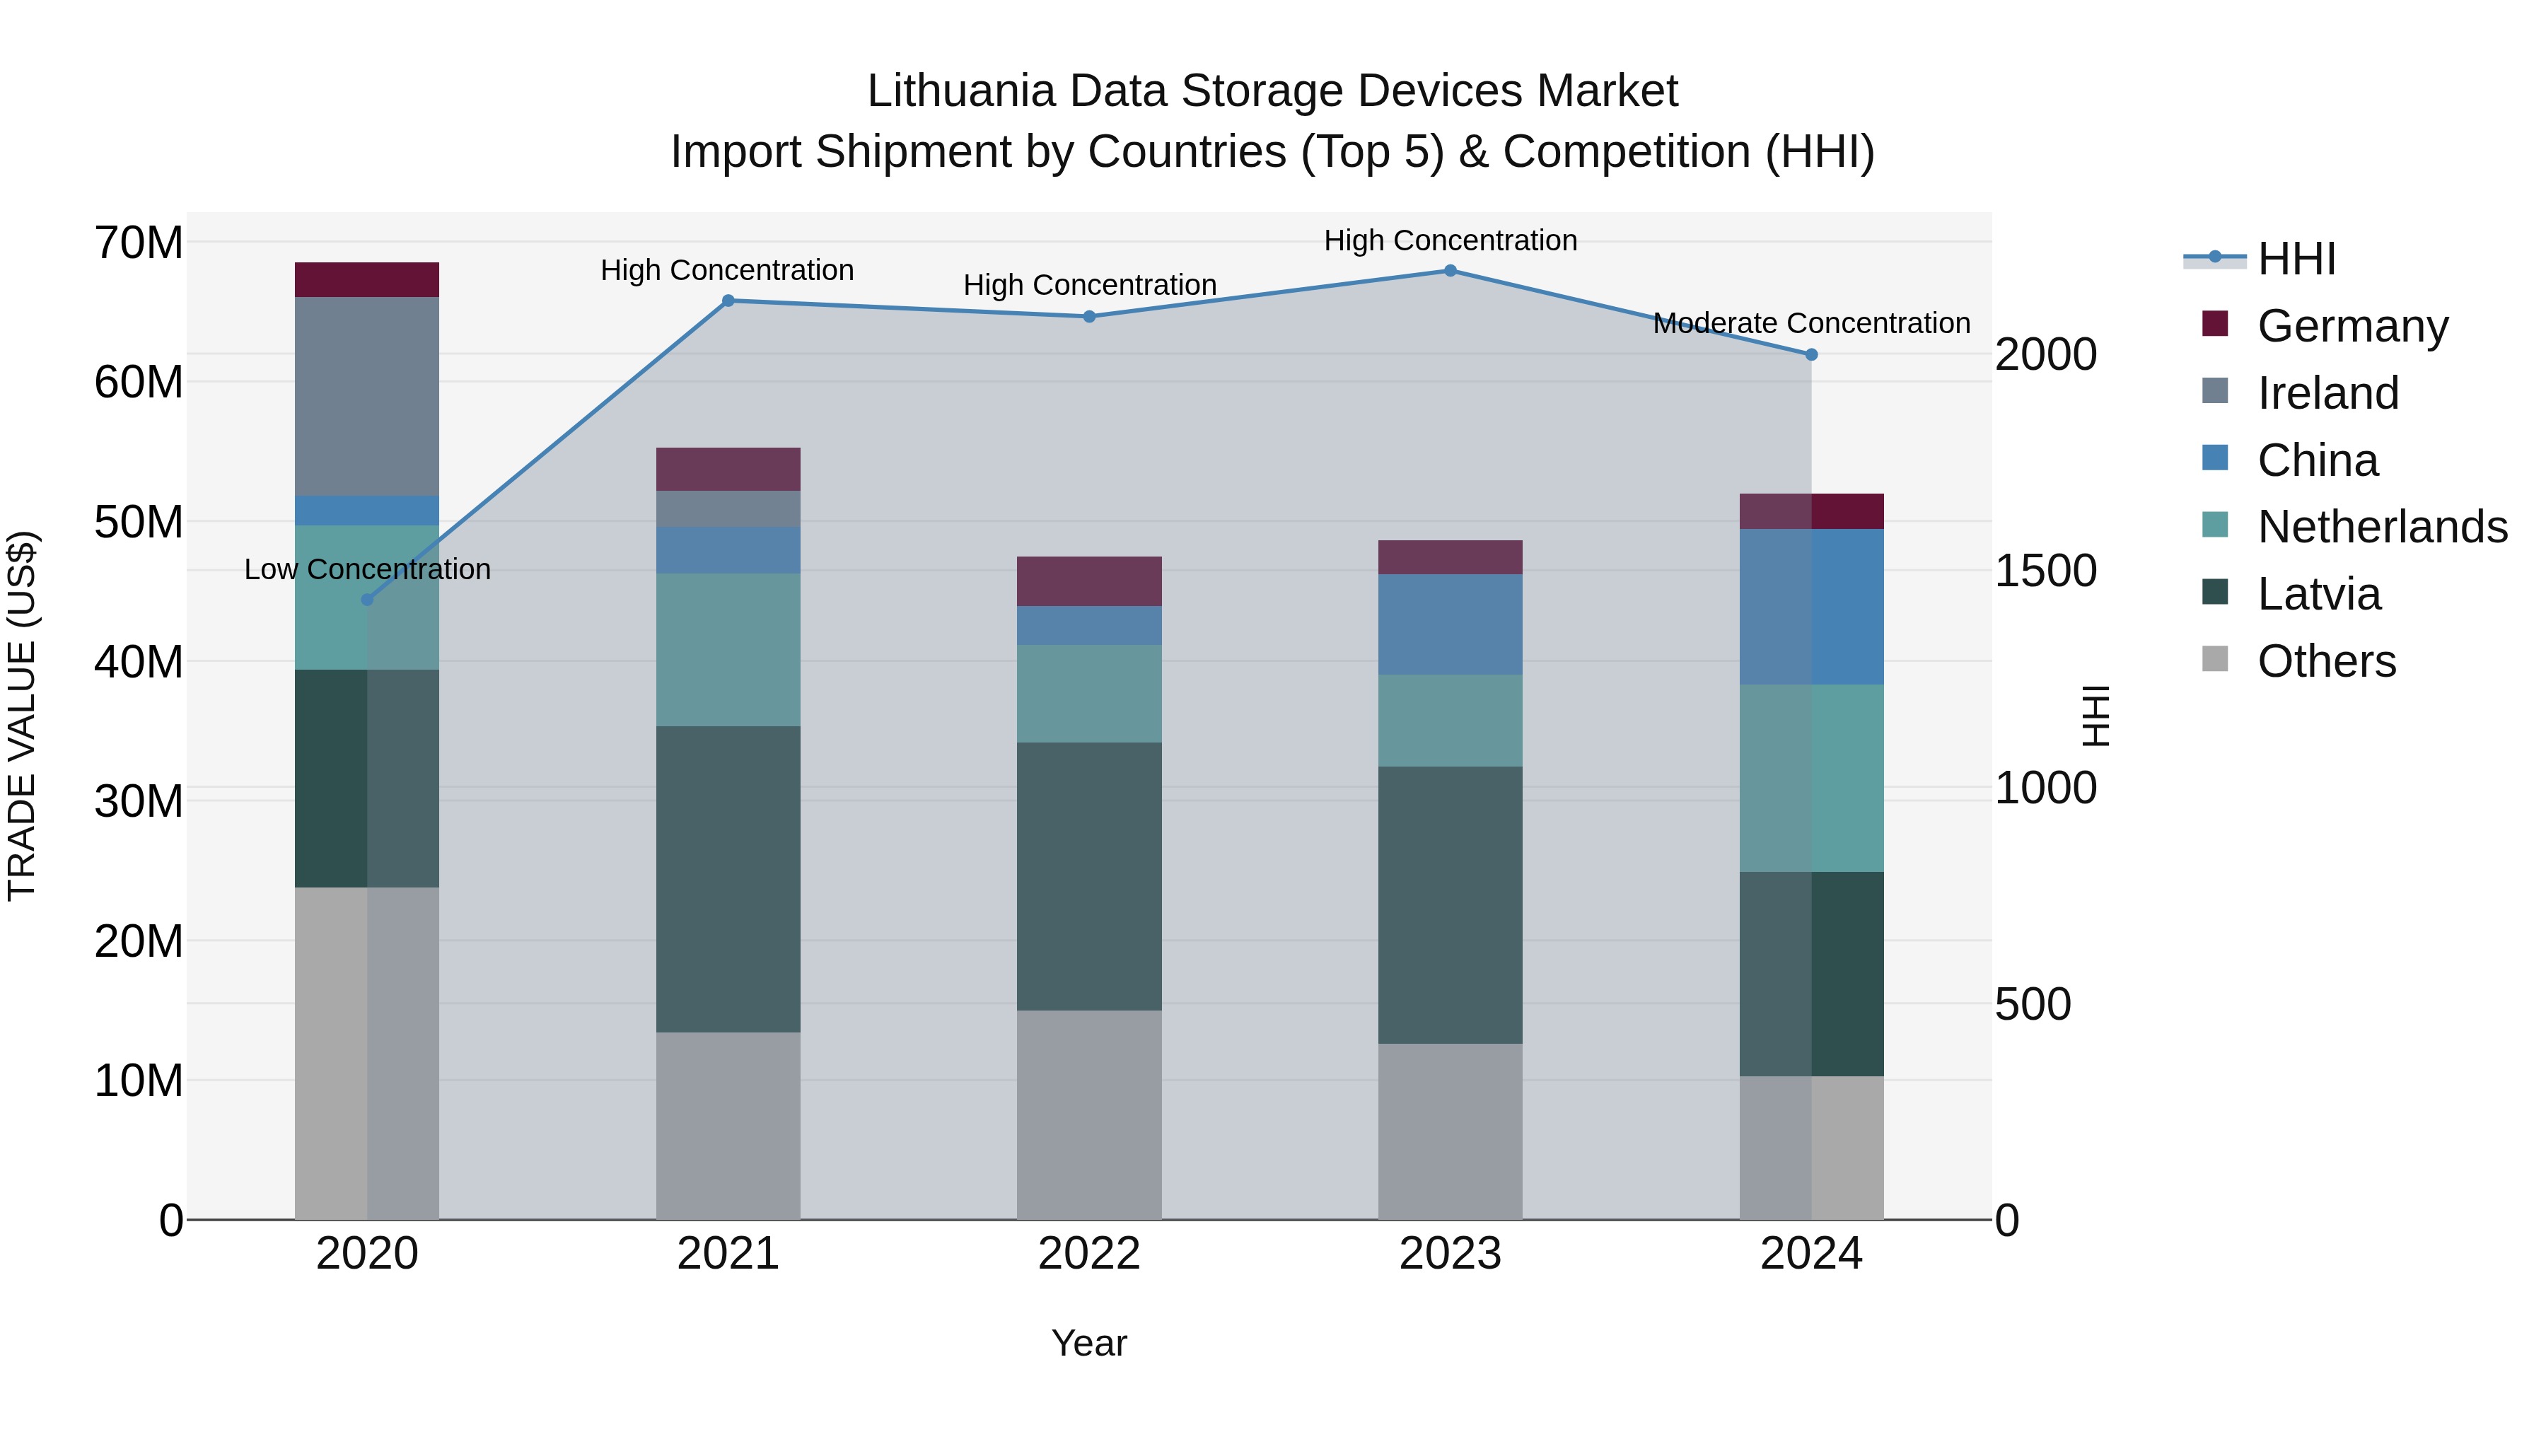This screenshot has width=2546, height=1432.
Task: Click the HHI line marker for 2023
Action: pos(1450,271)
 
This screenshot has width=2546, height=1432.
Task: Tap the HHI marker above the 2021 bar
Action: pos(728,301)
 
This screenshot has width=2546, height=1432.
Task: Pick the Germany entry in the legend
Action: pos(2352,325)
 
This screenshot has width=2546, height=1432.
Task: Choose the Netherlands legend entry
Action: pos(2382,527)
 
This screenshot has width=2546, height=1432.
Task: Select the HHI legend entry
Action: pos(2296,259)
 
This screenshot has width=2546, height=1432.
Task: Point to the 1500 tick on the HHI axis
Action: pos(2045,571)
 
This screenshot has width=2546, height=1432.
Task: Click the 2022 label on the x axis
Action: pos(1089,1254)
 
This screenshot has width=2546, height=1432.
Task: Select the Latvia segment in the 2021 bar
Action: pos(728,880)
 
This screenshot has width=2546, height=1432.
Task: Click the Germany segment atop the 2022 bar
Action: pos(1089,581)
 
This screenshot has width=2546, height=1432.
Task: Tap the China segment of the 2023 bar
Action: pos(1450,624)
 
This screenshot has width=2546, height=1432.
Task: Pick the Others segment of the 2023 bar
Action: pos(1450,1131)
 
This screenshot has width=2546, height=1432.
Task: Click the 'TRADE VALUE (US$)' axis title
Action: pos(22,716)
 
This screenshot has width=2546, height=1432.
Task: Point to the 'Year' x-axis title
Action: pos(1089,1343)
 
